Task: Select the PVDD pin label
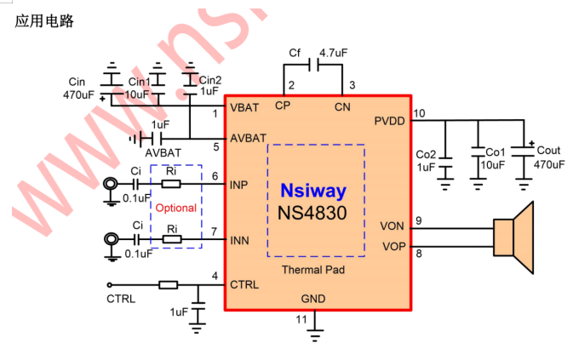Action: pos(389,122)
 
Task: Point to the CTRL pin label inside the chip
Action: pos(244,284)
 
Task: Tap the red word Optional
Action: pos(175,208)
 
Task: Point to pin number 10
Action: pos(418,112)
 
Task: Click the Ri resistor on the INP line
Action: pos(171,183)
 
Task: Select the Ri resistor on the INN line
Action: pos(171,240)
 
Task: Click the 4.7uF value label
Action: pos(334,53)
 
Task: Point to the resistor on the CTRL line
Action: pos(168,285)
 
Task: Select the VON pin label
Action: pos(393,226)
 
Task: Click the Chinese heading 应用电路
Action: pos(45,21)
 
